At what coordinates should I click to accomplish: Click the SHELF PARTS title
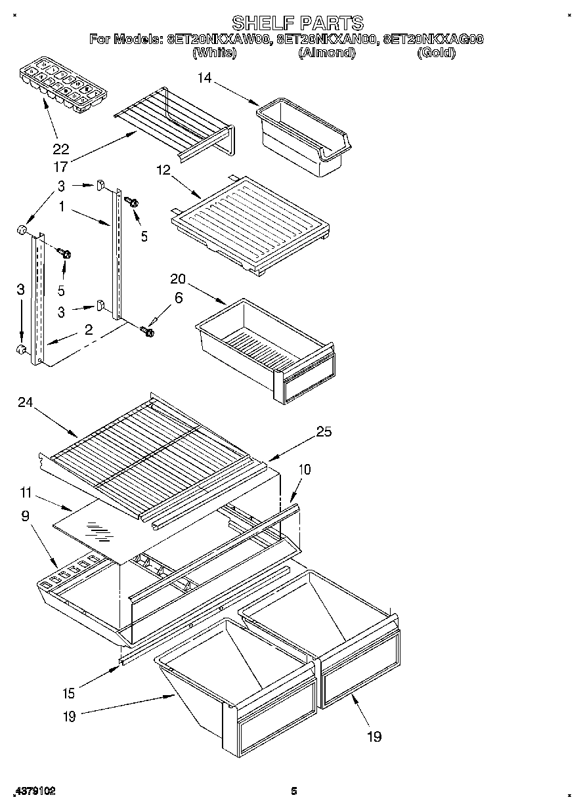(x=297, y=24)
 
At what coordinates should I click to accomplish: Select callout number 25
(x=324, y=431)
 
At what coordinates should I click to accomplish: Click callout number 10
(x=304, y=469)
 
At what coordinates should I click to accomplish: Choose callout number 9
(x=26, y=516)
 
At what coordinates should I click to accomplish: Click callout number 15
(x=69, y=693)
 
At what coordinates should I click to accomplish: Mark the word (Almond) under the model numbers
(x=326, y=53)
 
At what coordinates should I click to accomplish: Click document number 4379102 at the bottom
(x=33, y=792)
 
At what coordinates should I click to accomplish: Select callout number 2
(x=88, y=330)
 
